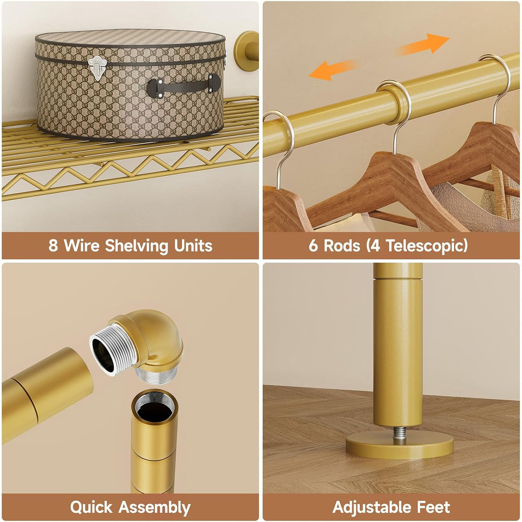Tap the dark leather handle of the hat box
(x=184, y=86)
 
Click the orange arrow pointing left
(x=333, y=69)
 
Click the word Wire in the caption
(x=82, y=246)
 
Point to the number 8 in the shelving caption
(x=53, y=246)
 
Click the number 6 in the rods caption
(x=314, y=246)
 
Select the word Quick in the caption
(x=91, y=507)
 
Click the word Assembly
(x=154, y=508)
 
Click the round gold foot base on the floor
(x=400, y=445)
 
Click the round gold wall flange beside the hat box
(x=246, y=51)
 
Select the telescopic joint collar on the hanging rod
(x=396, y=102)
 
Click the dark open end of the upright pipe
(x=155, y=407)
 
